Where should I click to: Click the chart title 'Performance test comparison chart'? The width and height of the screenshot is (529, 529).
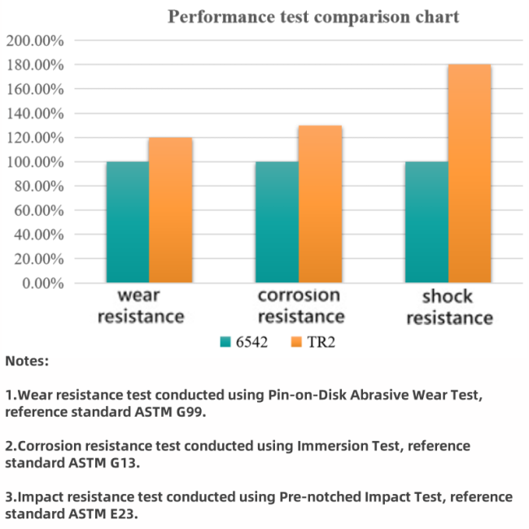coord(313,16)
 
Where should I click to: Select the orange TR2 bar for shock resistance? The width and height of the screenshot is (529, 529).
coord(470,173)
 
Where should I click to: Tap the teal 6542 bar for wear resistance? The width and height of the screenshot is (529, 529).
coord(127,222)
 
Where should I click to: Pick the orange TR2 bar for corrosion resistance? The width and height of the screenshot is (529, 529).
coord(320,204)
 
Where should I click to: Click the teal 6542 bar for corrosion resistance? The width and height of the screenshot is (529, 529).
coord(277,222)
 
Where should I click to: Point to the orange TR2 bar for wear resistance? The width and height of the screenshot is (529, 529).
coord(170,210)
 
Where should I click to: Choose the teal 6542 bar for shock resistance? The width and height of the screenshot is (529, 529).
coord(426,222)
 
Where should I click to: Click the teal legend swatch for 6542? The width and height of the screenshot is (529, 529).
coord(225,342)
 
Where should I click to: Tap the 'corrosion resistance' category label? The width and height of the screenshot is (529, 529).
coord(299,305)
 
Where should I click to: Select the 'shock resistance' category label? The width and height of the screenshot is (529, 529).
coord(449,307)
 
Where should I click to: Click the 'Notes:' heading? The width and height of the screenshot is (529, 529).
coord(27,360)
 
